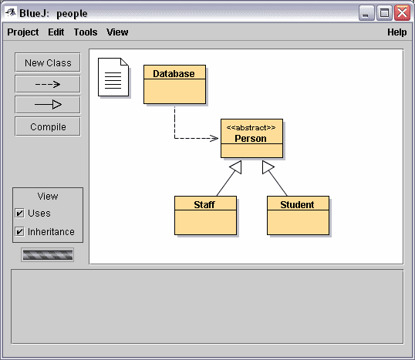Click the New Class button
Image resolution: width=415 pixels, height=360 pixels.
tap(48, 62)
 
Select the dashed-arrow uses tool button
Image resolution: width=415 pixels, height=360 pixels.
tap(48, 84)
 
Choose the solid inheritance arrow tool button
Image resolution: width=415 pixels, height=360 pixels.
tap(48, 105)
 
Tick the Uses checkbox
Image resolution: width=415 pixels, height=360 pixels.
tap(20, 213)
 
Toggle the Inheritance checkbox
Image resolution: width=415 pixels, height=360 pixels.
tap(20, 231)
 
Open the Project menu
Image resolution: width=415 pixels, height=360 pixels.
tap(23, 32)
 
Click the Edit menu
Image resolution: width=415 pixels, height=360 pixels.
tap(56, 32)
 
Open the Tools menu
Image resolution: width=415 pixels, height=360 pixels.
tap(86, 32)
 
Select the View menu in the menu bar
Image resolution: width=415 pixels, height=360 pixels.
tap(117, 32)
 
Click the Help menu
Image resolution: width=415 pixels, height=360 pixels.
tap(397, 32)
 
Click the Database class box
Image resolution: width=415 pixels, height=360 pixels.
tap(174, 84)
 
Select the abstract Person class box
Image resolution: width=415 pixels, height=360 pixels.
tap(251, 138)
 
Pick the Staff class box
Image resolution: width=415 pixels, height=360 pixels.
tap(205, 215)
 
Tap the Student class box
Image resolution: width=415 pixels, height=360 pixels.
tap(298, 215)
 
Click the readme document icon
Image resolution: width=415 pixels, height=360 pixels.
tap(113, 77)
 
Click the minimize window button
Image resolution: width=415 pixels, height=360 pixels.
tap(366, 12)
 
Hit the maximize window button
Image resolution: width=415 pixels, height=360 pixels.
tap(384, 12)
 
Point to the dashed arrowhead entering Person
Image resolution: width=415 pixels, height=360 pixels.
tap(214, 138)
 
